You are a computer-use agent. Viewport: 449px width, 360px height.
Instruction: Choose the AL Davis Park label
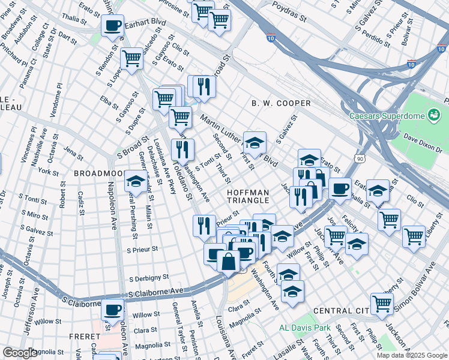305,328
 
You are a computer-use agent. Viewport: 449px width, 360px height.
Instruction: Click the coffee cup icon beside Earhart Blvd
112,25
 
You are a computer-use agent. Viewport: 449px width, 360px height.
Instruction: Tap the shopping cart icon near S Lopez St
131,58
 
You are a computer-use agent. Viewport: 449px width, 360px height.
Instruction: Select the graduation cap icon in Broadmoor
136,181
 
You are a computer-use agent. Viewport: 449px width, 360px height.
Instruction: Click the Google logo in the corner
19,353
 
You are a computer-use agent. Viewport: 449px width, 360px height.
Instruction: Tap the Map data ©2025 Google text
411,355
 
